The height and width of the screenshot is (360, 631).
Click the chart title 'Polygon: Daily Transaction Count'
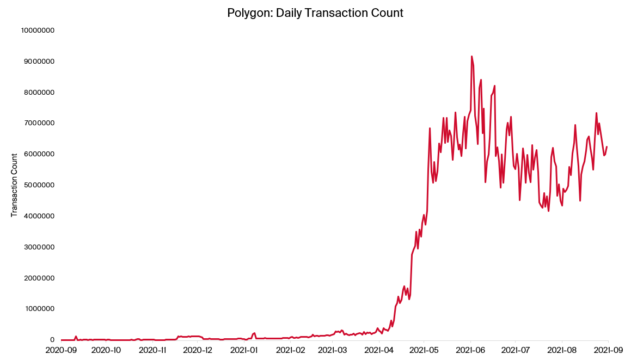[315, 13]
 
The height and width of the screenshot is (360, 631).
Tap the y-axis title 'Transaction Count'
[14, 185]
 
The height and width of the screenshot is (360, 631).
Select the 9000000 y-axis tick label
[39, 62]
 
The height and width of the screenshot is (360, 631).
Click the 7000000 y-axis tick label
[39, 124]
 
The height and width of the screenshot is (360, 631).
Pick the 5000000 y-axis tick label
[39, 185]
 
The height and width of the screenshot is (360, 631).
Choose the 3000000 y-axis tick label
[39, 247]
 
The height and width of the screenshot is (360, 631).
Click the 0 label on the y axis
[52, 340]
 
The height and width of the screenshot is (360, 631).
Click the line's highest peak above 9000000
[471, 56]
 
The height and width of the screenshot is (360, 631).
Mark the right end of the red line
[607, 147]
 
